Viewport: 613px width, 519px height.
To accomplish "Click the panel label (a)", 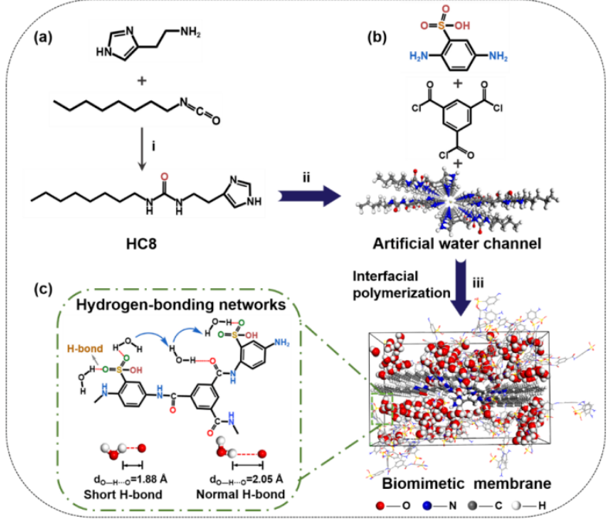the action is pos(43,38).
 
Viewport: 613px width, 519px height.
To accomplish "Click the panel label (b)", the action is pos(378,37).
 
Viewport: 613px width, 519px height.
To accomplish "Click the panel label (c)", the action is pos(43,289).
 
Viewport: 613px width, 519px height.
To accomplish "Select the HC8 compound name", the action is pos(141,243).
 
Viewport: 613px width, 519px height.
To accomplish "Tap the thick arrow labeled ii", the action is pos(310,195).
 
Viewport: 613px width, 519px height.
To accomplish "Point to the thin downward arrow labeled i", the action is pos(142,149).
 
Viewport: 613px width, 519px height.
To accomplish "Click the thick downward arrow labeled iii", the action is pos(462,287).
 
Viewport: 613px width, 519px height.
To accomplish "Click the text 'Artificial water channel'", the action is pos(457,243).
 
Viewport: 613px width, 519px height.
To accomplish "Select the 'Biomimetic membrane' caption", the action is pos(466,483).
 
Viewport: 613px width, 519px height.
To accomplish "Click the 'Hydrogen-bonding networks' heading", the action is pos(181,304).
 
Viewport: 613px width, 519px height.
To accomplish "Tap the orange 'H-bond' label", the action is pos(85,348).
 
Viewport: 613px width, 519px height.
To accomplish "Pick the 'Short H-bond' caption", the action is pos(123,494).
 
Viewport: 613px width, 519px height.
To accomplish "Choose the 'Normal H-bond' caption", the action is pos(240,494).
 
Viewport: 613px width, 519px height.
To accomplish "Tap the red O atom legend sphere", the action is pos(380,506).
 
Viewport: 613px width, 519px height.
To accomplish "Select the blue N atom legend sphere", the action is pos(426,506).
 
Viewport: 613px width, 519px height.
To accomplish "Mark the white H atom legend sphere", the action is pos(516,506).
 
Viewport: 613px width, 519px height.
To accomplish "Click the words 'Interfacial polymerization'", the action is pos(401,284).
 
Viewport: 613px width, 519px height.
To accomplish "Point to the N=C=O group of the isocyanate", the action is pos(199,111).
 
